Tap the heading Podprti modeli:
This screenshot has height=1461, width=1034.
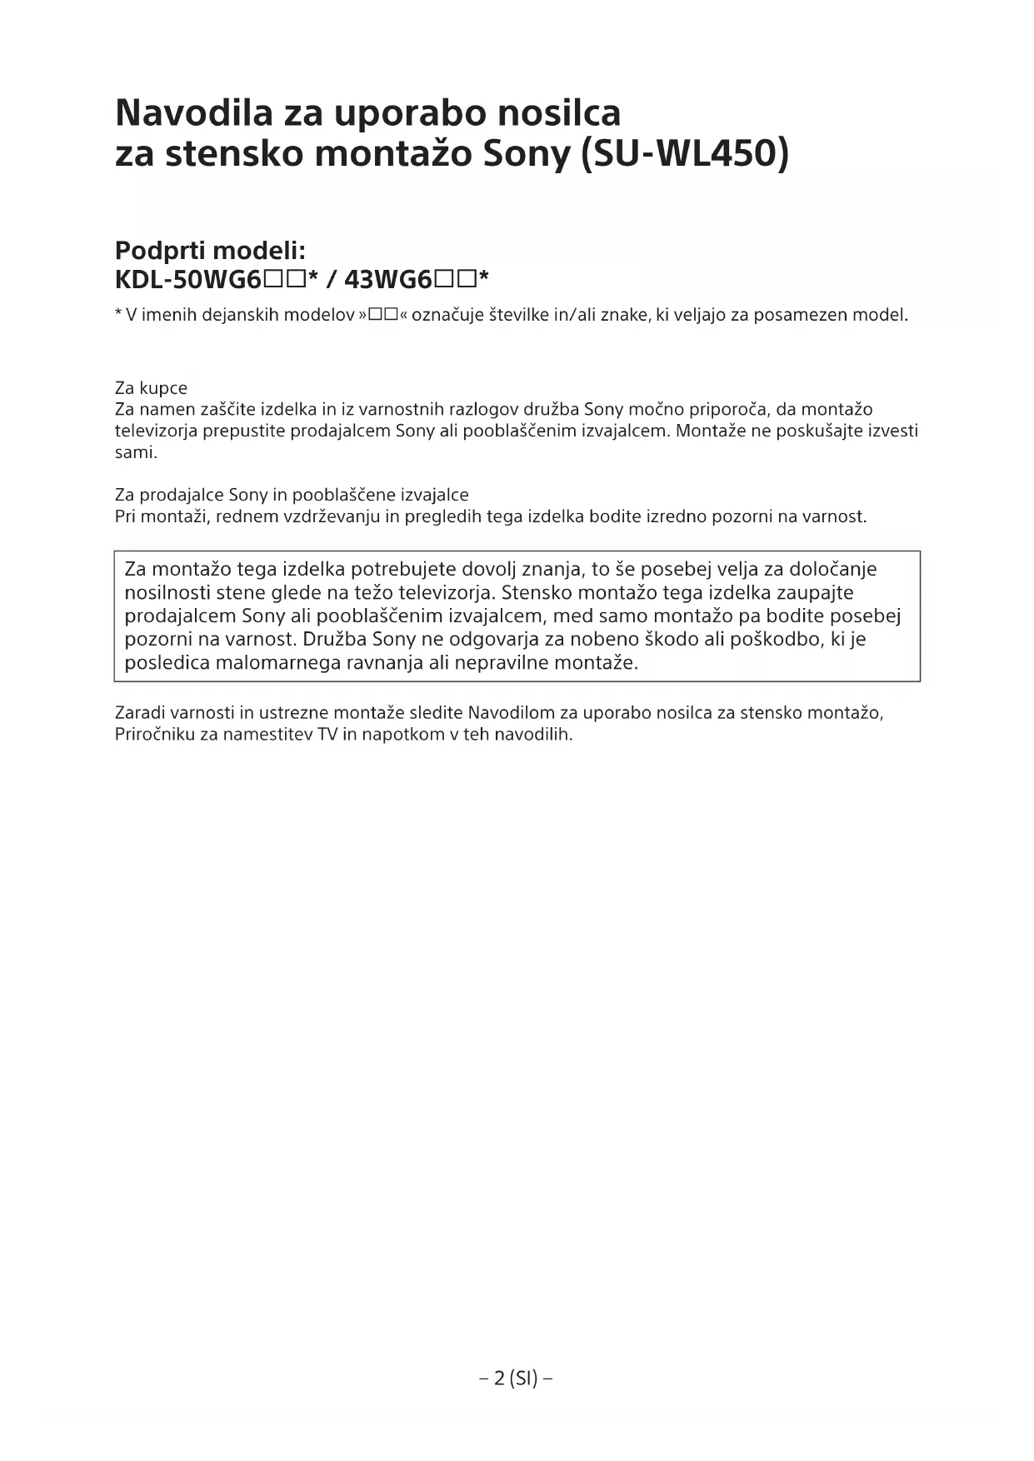tap(210, 250)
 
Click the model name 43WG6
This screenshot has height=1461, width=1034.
tap(387, 279)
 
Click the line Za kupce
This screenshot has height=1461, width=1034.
tap(151, 388)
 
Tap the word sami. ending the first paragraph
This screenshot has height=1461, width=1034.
tap(136, 453)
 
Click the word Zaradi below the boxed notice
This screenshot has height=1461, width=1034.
tap(140, 713)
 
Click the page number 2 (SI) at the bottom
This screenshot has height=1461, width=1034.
tap(517, 1378)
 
